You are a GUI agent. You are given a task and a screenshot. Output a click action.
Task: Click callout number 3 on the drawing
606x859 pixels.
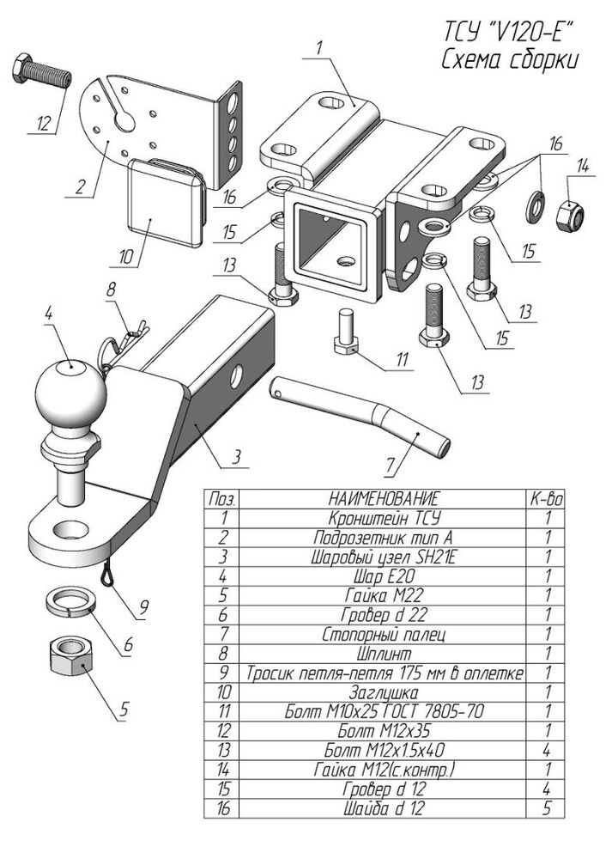(x=237, y=456)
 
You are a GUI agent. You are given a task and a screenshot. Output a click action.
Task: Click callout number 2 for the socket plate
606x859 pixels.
(x=80, y=186)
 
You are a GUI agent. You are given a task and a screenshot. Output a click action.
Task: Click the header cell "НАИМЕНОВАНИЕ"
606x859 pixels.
(x=383, y=498)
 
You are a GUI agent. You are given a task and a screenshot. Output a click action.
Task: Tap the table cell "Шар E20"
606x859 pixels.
(x=383, y=576)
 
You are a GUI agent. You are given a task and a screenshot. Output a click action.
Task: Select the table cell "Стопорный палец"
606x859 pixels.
(x=383, y=635)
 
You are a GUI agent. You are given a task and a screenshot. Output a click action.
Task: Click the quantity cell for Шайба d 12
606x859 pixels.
(x=546, y=808)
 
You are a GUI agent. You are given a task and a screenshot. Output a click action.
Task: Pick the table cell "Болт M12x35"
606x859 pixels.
(x=383, y=731)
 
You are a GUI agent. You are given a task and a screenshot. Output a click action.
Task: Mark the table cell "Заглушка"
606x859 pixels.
(x=383, y=692)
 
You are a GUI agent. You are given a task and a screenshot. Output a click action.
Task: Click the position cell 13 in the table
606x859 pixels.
(x=222, y=750)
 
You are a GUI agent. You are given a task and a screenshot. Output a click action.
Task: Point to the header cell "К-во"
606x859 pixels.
(x=546, y=498)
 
